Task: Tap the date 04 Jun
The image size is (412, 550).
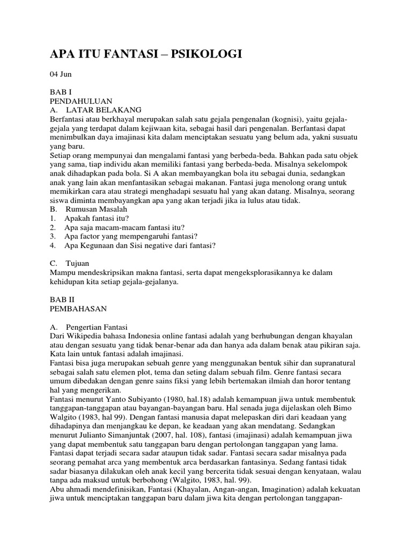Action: click(x=61, y=74)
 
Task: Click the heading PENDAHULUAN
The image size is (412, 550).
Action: click(x=80, y=101)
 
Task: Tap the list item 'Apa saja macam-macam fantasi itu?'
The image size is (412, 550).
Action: click(x=124, y=228)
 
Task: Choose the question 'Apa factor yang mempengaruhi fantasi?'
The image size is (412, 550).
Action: click(x=131, y=236)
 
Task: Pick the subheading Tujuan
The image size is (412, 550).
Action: click(x=78, y=264)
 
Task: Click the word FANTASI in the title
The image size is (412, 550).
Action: click(x=120, y=54)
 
